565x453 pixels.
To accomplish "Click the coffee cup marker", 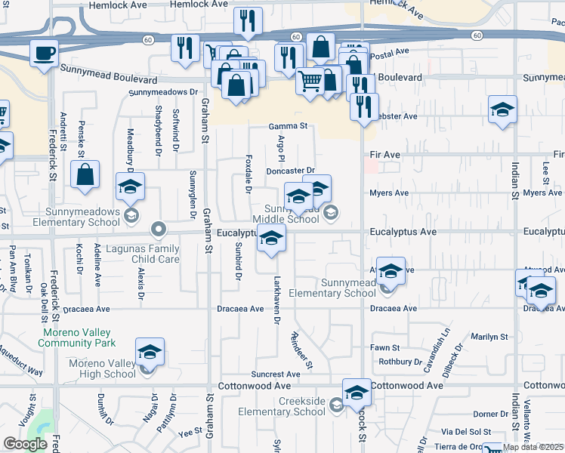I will pos(44,54).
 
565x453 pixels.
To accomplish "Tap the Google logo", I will pos(25,444).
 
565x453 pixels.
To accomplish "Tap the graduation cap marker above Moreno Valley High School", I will pos(150,352).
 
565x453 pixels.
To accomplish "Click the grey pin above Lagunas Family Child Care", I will pos(158,227).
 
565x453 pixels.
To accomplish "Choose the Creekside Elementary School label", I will pos(281,406).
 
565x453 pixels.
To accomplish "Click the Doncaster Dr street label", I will pos(290,171).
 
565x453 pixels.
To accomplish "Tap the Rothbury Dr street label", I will pos(400,362).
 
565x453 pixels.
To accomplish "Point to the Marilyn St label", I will pos(492,337).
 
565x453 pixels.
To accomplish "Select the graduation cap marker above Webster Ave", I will pos(502,109).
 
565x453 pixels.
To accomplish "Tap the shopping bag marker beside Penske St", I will pos(85,174).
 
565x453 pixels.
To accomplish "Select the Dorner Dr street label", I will pos(491,414).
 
